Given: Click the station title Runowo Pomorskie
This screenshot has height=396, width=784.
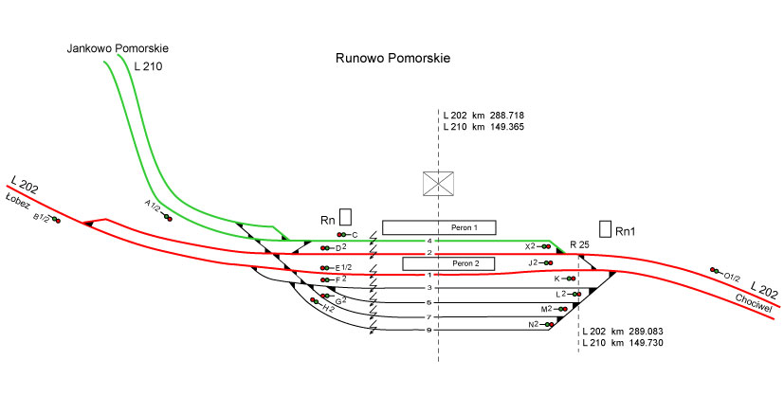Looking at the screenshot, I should (392, 58).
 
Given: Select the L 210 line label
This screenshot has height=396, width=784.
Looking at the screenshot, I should (149, 66).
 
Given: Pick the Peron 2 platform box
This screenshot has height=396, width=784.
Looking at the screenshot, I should (448, 263).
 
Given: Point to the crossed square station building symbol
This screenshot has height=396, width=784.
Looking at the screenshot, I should (437, 184).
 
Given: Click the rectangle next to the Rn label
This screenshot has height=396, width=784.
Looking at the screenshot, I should (345, 217).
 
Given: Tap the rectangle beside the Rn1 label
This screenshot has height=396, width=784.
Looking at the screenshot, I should (606, 228).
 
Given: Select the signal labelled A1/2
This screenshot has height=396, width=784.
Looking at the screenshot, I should (168, 217).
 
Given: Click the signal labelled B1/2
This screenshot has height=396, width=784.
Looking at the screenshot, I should (56, 220).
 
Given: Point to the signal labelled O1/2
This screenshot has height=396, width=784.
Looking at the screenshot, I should (715, 271).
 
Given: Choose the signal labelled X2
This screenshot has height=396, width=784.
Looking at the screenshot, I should (545, 246).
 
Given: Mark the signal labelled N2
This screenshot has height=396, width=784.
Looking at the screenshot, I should (548, 325).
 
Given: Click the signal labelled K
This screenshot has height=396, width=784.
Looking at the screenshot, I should (571, 279).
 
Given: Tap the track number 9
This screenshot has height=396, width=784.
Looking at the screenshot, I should (428, 331).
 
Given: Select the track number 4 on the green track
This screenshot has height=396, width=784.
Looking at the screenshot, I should (428, 241).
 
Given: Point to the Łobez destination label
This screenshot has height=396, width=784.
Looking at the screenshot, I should (19, 202).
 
